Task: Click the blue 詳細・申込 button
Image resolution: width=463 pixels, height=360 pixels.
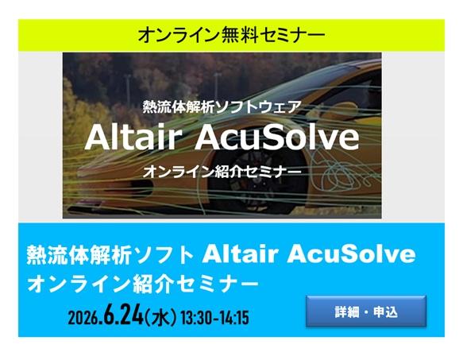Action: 365,312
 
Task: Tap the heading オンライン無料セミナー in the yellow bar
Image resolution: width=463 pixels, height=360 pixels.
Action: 231,35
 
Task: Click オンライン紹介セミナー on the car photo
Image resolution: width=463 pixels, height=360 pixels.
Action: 222,171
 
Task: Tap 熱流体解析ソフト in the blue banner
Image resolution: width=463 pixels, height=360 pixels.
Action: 110,255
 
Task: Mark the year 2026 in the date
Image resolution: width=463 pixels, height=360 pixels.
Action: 83,318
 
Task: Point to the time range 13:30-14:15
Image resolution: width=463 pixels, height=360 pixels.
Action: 214,318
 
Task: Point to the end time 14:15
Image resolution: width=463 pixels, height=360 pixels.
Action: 233,318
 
